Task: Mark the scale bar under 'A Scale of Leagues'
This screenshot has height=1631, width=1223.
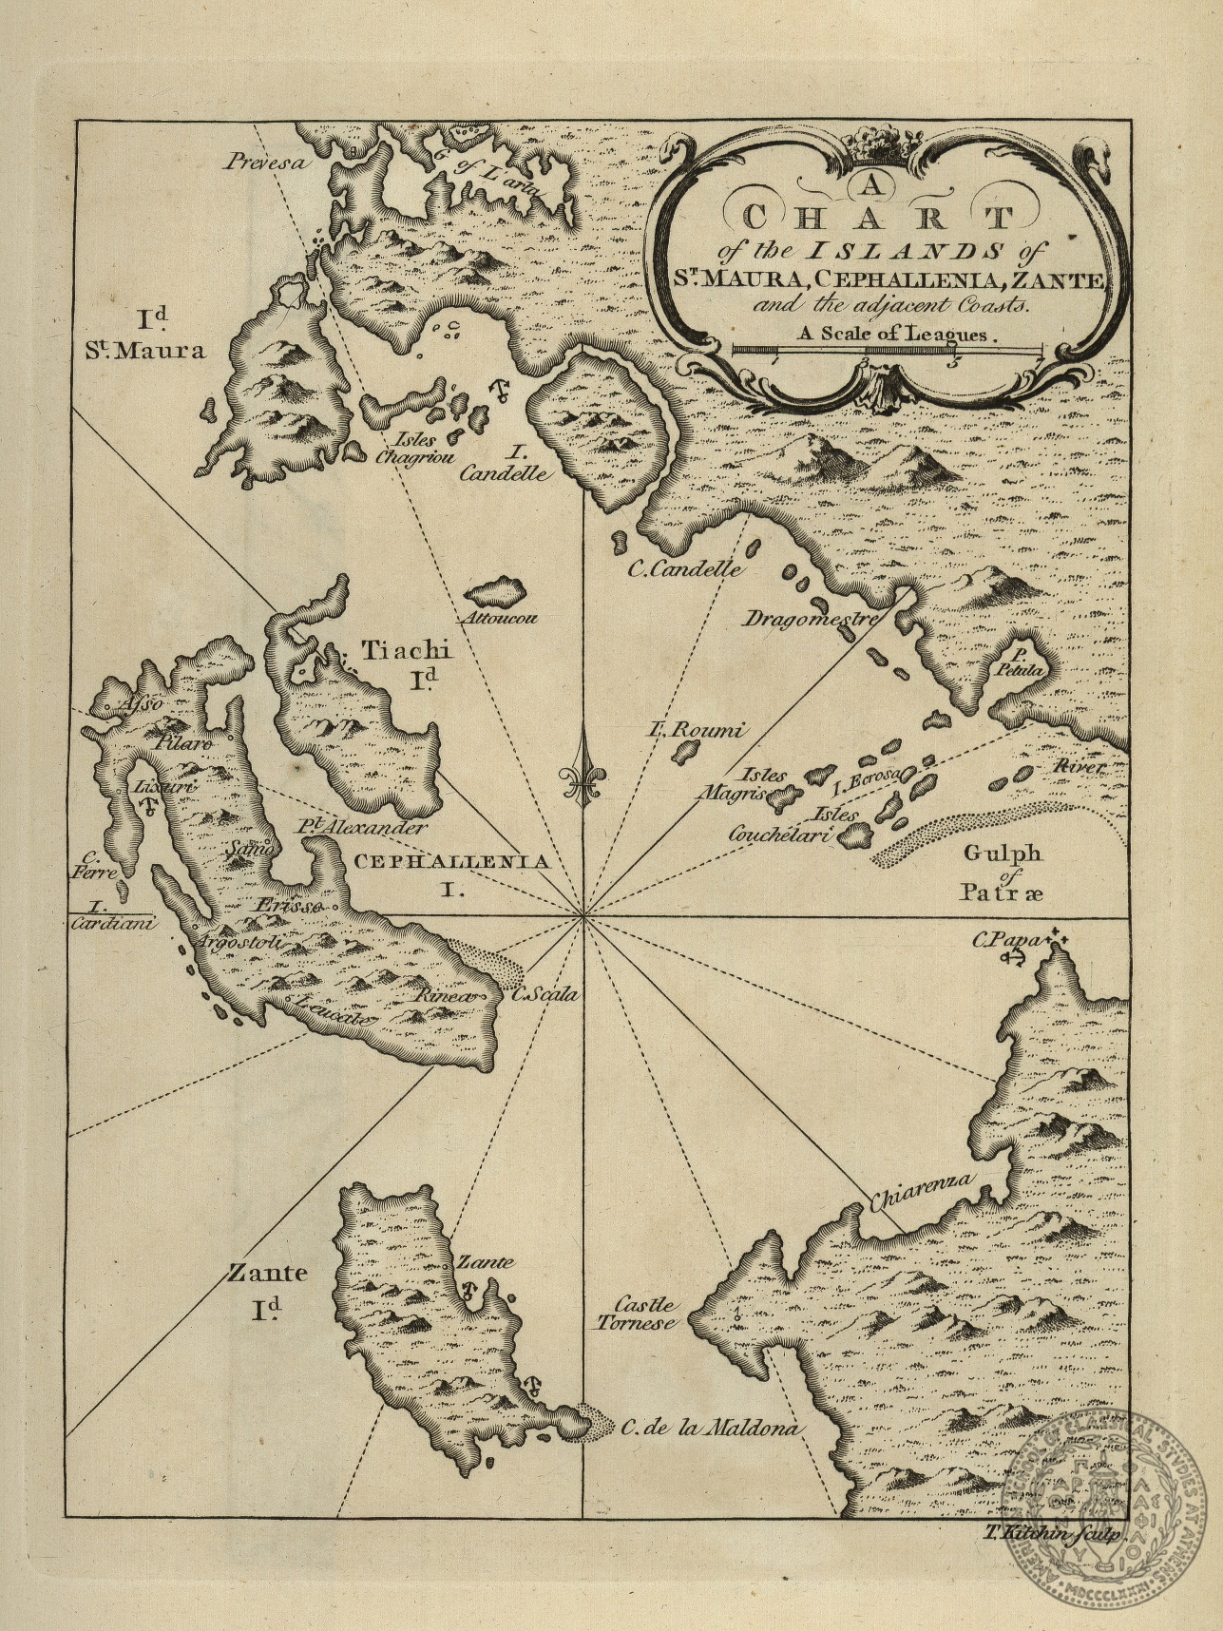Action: pos(889,352)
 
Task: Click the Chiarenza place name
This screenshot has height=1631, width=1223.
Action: pos(923,1192)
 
